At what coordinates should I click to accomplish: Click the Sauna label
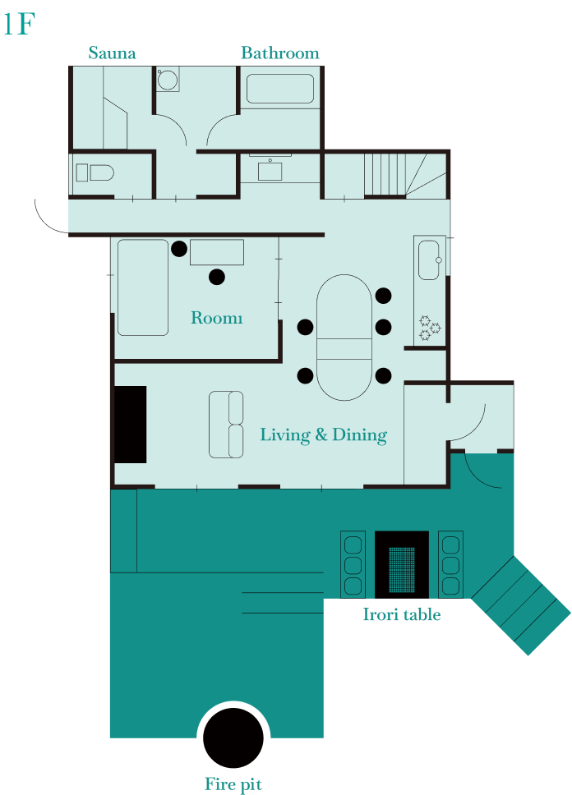[112, 53]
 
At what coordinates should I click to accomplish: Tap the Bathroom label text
[280, 53]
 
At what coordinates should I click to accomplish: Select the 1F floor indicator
[19, 24]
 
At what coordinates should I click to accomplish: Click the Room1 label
[217, 317]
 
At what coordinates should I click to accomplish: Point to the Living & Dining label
[323, 435]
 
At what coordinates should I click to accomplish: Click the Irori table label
[401, 614]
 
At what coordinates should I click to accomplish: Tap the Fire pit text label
[233, 784]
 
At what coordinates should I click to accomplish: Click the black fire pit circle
[233, 738]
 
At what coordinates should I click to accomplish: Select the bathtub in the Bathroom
[280, 89]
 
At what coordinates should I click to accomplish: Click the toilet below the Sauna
[95, 172]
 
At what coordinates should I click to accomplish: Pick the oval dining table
[344, 338]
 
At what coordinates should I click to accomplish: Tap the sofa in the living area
[226, 425]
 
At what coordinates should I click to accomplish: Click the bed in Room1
[143, 287]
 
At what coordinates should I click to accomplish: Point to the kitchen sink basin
[429, 260]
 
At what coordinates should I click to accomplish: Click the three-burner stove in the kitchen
[429, 328]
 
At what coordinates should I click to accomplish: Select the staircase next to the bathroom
[405, 175]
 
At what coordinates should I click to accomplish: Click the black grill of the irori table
[401, 565]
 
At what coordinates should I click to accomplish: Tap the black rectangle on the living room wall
[131, 425]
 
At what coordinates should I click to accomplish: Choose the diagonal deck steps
[521, 605]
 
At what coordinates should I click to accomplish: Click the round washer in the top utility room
[167, 80]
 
